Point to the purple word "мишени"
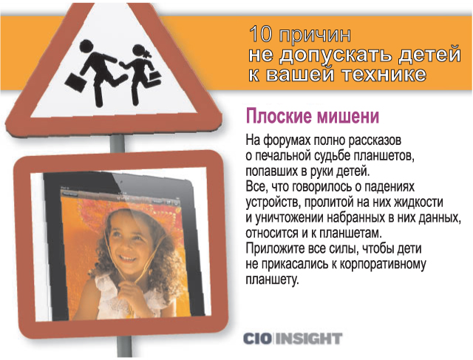(347, 116)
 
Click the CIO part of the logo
(257, 339)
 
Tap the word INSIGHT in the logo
(309, 339)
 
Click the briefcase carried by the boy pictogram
(73, 81)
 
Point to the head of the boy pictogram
(87, 46)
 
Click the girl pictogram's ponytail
(148, 54)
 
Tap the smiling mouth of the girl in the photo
(128, 258)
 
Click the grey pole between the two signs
(118, 143)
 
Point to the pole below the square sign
(124, 347)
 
